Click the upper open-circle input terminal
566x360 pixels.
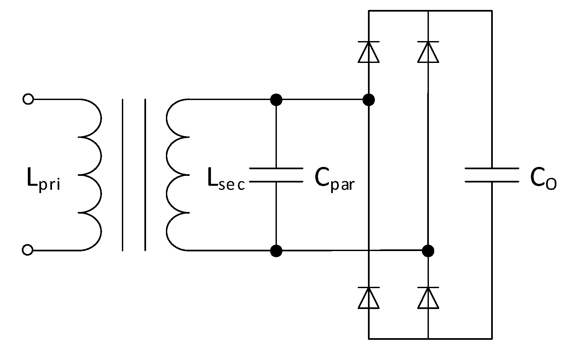point(28,99)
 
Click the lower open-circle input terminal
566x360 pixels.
point(28,250)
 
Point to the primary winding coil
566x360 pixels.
point(90,175)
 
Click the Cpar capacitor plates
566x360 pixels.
point(276,175)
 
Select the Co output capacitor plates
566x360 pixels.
point(492,175)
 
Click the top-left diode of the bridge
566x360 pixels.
point(369,52)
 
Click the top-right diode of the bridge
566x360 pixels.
point(428,52)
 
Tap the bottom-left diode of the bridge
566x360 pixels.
point(369,298)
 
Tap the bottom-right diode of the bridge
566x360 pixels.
point(428,298)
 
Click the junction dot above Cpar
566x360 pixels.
point(276,99)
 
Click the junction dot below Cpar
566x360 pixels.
point(276,251)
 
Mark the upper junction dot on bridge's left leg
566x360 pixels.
point(369,99)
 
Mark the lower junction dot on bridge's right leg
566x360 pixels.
point(428,251)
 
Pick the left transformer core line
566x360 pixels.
point(123,175)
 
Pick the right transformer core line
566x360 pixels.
point(145,175)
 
